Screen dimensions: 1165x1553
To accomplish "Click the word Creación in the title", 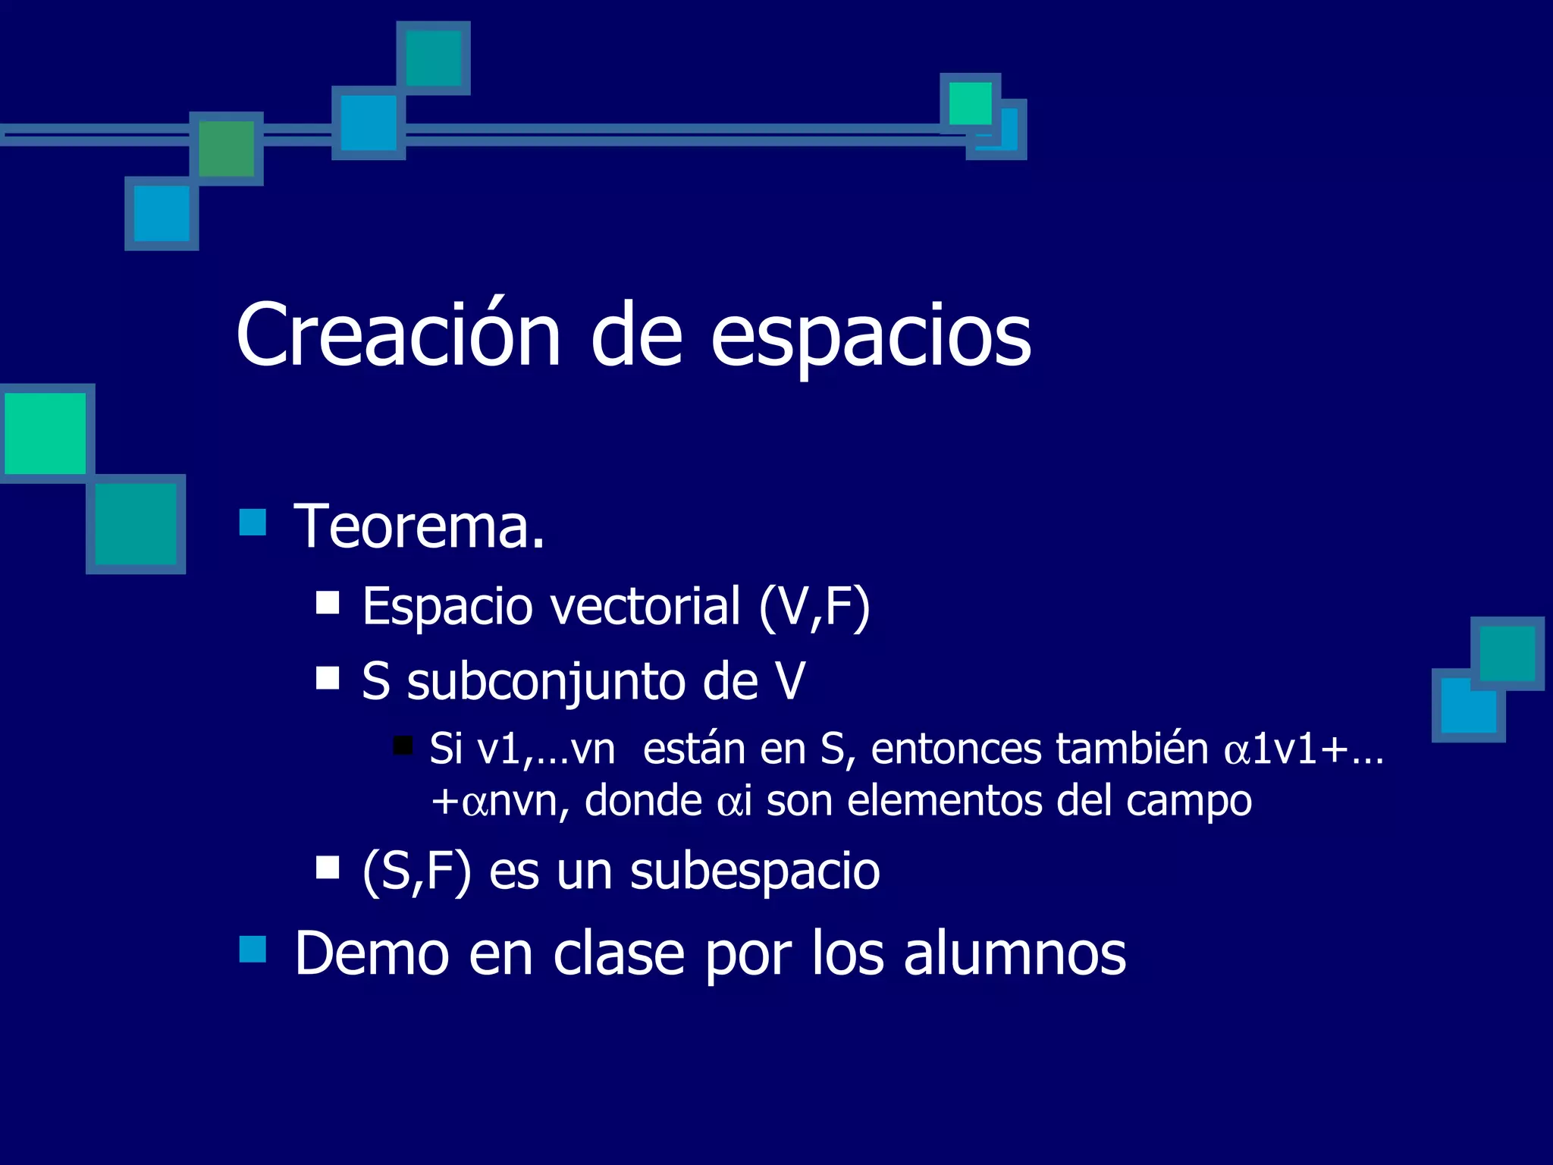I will point(398,335).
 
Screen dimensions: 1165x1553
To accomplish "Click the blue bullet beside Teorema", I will point(253,522).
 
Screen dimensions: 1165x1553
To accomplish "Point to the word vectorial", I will point(644,606).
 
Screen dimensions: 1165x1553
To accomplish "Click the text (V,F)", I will point(814,607).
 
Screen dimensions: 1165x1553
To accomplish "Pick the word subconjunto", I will point(544,681).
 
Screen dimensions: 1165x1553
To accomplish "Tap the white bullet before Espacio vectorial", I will point(328,603).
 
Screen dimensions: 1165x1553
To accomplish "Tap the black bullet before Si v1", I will point(403,745).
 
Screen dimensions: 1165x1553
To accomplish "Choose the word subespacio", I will point(755,871).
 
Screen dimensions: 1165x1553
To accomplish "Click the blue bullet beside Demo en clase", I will point(253,948).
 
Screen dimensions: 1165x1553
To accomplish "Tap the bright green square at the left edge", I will point(45,433).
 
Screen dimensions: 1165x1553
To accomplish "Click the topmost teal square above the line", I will point(434,58).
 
